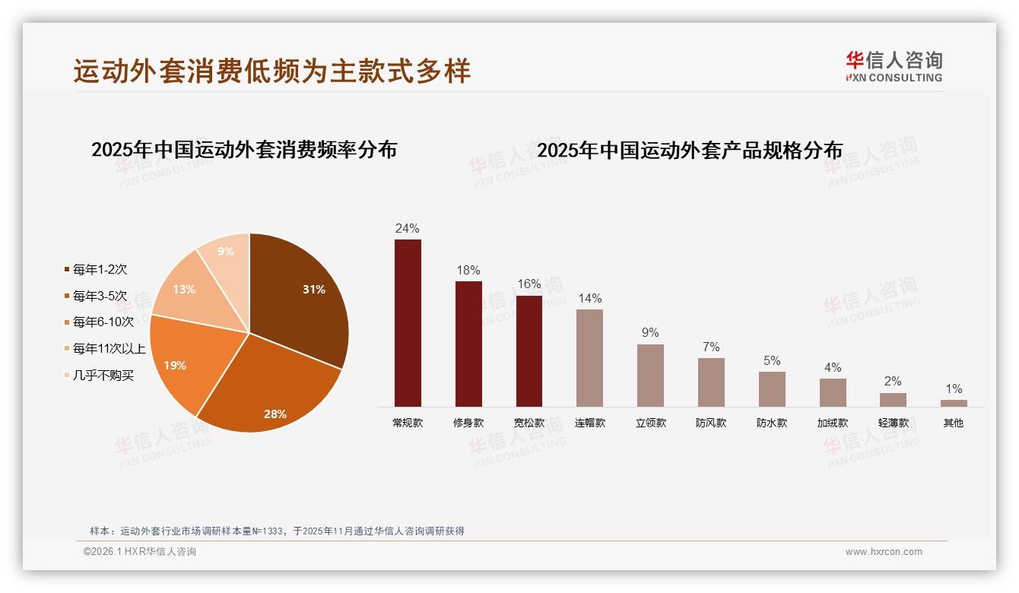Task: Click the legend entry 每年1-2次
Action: [x=100, y=269]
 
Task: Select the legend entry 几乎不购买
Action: [x=103, y=376]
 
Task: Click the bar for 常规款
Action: [x=408, y=323]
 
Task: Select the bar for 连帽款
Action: [x=589, y=357]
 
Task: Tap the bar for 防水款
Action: [x=772, y=389]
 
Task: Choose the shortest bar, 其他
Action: [x=954, y=403]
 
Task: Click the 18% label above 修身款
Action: [x=468, y=271]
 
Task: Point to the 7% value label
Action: [x=711, y=347]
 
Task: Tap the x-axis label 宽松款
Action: [x=529, y=423]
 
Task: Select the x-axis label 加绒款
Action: [x=833, y=423]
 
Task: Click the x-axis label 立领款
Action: [x=650, y=423]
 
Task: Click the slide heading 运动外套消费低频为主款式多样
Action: [x=272, y=71]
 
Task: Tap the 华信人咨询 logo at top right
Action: [x=894, y=66]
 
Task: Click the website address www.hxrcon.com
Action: [x=884, y=552]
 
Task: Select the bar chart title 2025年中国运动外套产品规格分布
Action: [x=690, y=151]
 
